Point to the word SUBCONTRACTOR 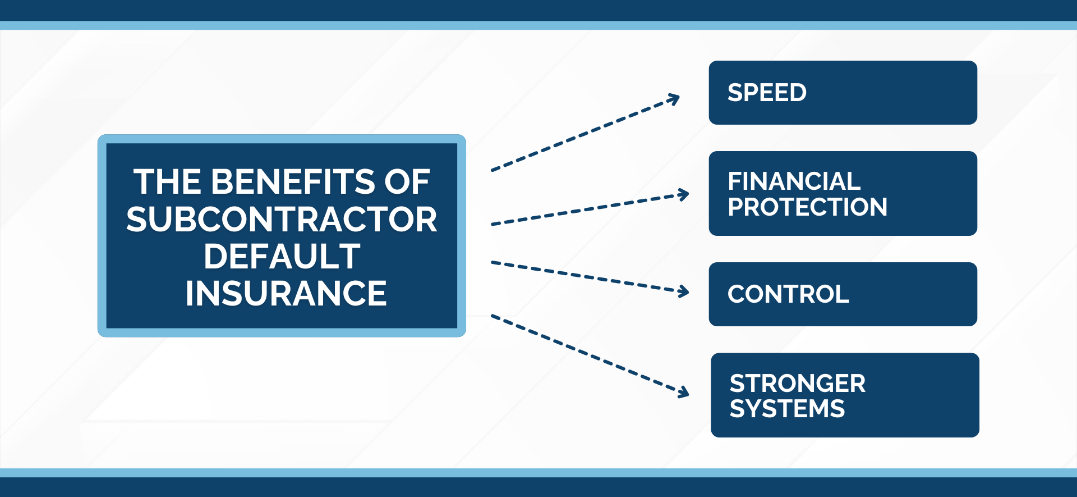282,219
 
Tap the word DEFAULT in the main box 282,257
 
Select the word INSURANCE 286,293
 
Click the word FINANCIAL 794,181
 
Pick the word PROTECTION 807,207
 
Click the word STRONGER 797,384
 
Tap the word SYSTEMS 787,408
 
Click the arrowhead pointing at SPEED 674,99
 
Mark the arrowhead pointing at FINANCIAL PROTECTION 684,195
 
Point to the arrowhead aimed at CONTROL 684,291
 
